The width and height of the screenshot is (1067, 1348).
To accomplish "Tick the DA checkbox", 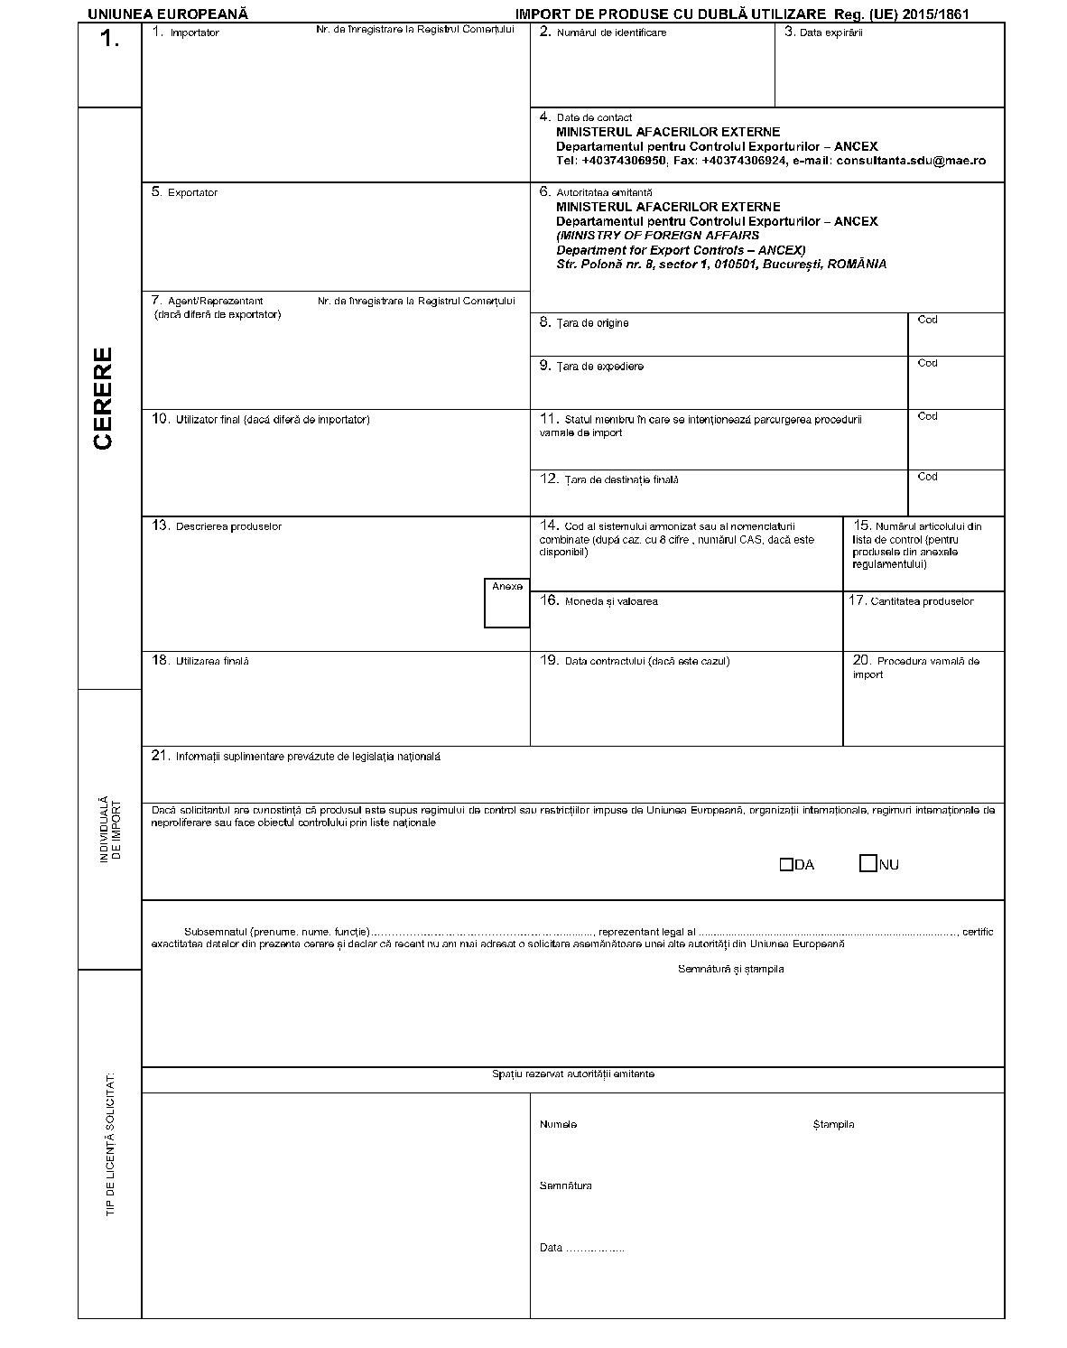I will pos(786,865).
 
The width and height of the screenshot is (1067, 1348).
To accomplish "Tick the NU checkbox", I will pos(868,864).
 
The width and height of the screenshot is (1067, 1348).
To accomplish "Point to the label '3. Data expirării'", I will pos(823,33).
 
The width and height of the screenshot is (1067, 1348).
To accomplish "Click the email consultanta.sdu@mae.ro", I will pos(911,161).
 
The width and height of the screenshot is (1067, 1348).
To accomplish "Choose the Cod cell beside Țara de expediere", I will pos(955,382).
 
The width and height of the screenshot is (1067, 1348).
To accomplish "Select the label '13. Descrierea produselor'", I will pos(217,526).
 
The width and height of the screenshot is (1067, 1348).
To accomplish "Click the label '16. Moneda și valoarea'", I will pos(598,601).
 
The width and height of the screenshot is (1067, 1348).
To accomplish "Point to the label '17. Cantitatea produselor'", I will pos(912,601).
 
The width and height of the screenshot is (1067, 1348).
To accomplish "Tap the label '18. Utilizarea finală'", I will pos(200,661).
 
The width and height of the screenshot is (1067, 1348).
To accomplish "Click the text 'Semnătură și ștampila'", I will pos(730,969).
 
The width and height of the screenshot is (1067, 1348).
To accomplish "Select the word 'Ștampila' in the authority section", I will pos(833,1125).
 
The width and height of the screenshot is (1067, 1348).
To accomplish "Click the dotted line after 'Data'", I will pos(596,1249).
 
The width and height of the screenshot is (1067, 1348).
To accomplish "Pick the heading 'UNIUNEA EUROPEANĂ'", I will pos(168,14).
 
